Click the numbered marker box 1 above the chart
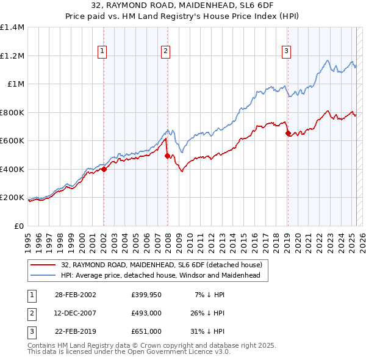coord(102,51)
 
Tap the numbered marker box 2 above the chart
coord(165,51)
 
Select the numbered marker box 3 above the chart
coord(286,51)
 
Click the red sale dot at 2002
coord(104,170)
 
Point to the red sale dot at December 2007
coord(167,156)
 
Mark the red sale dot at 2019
coord(288,134)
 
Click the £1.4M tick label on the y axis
coord(13,27)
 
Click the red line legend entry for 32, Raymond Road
coord(162,265)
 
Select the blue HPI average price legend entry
coord(160,275)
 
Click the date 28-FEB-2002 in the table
coord(76,295)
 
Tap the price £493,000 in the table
coord(146,313)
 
